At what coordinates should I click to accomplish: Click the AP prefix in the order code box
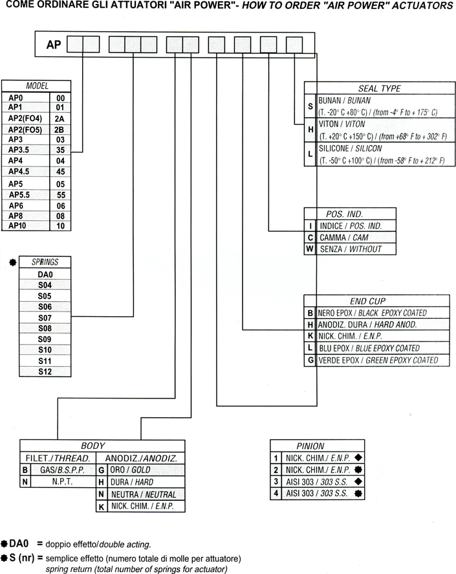[x=54, y=45]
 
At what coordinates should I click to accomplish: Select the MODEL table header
[x=37, y=86]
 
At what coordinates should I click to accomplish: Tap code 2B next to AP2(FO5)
[x=60, y=128]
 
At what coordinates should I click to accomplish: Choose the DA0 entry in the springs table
[x=45, y=273]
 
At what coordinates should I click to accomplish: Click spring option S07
[x=45, y=317]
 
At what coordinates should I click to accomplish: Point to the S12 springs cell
[x=45, y=372]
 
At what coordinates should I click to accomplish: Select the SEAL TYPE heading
[x=379, y=88]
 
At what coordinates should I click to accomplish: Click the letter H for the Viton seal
[x=310, y=130]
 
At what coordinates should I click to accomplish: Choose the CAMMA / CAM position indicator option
[x=342, y=237]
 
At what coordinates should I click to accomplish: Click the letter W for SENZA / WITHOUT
[x=310, y=249]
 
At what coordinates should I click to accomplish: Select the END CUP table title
[x=367, y=301]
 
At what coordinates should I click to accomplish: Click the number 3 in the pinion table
[x=276, y=481]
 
